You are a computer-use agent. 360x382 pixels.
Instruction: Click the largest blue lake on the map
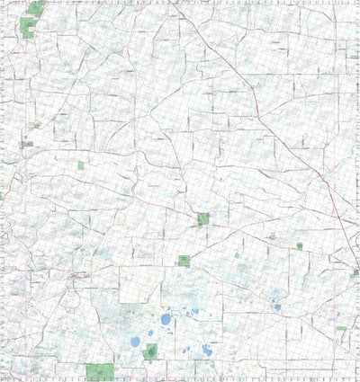[166, 318]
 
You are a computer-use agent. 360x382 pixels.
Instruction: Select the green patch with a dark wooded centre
[149, 351]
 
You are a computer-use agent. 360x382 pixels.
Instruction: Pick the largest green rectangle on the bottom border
[100, 370]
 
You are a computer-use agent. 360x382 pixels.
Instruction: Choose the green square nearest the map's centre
[203, 218]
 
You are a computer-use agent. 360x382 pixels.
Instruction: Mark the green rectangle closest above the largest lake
[184, 261]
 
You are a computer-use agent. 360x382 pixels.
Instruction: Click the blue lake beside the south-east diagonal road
[277, 307]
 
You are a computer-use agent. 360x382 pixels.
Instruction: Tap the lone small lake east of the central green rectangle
[238, 255]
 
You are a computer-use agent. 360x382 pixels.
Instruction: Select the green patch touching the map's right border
[355, 272]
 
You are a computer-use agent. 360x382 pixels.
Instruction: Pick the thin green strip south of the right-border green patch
[341, 329]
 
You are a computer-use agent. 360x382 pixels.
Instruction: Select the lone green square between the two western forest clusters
[81, 165]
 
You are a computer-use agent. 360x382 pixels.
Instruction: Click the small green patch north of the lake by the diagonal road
[300, 245]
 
